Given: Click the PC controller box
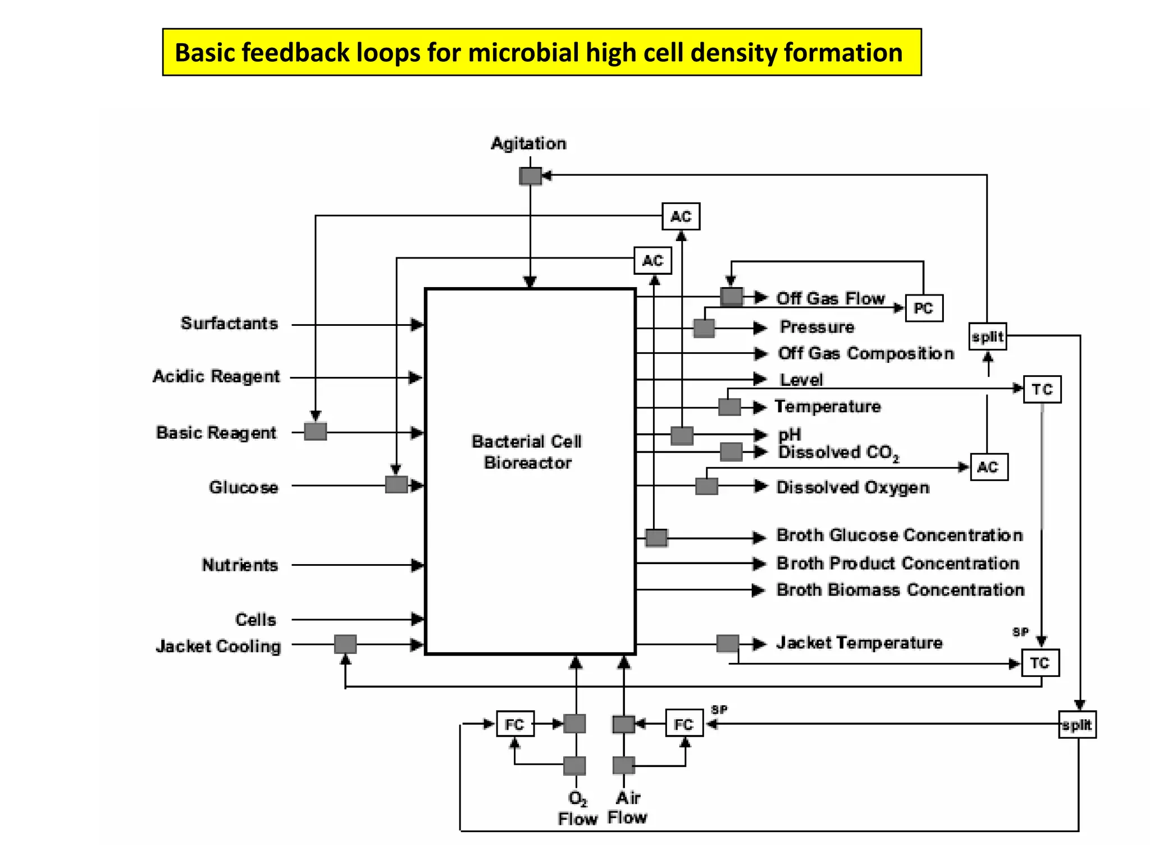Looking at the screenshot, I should (924, 308).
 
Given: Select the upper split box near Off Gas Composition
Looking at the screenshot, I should (988, 337).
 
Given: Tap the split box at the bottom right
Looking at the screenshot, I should (1077, 725).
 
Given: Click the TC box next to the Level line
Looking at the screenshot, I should (1042, 389).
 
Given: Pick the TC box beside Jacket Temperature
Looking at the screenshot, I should (1040, 663).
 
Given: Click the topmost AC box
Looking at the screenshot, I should (681, 216).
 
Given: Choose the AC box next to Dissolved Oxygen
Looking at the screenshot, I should (989, 467).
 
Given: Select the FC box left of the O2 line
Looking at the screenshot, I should (515, 724).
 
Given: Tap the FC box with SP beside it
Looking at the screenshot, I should (684, 724).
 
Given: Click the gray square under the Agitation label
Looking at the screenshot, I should (530, 176).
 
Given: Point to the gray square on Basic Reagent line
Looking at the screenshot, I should (316, 431).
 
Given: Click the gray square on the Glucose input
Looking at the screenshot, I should (396, 484).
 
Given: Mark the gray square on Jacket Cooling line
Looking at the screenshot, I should (345, 644).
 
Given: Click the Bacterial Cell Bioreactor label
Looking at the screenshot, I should (527, 452).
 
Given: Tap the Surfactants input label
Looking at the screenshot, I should (229, 324).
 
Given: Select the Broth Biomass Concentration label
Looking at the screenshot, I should (900, 590).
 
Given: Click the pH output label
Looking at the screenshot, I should (790, 434).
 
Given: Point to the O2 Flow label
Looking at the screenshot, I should (577, 809).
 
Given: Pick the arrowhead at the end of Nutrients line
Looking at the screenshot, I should (417, 565).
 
